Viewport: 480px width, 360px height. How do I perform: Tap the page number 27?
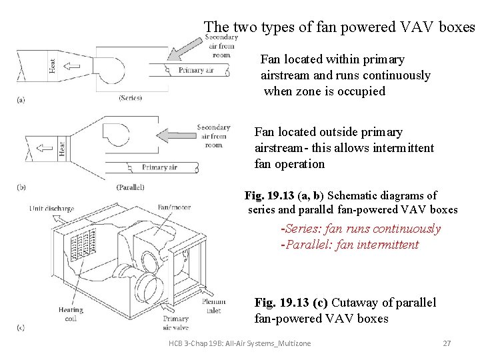447,343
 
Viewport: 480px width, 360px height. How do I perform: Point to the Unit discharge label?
53,208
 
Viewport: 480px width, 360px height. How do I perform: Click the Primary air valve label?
176,323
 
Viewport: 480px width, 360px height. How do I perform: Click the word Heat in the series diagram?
53,65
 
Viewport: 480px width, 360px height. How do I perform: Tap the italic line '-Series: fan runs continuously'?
361,229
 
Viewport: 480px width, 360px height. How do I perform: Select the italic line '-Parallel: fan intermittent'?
350,245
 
